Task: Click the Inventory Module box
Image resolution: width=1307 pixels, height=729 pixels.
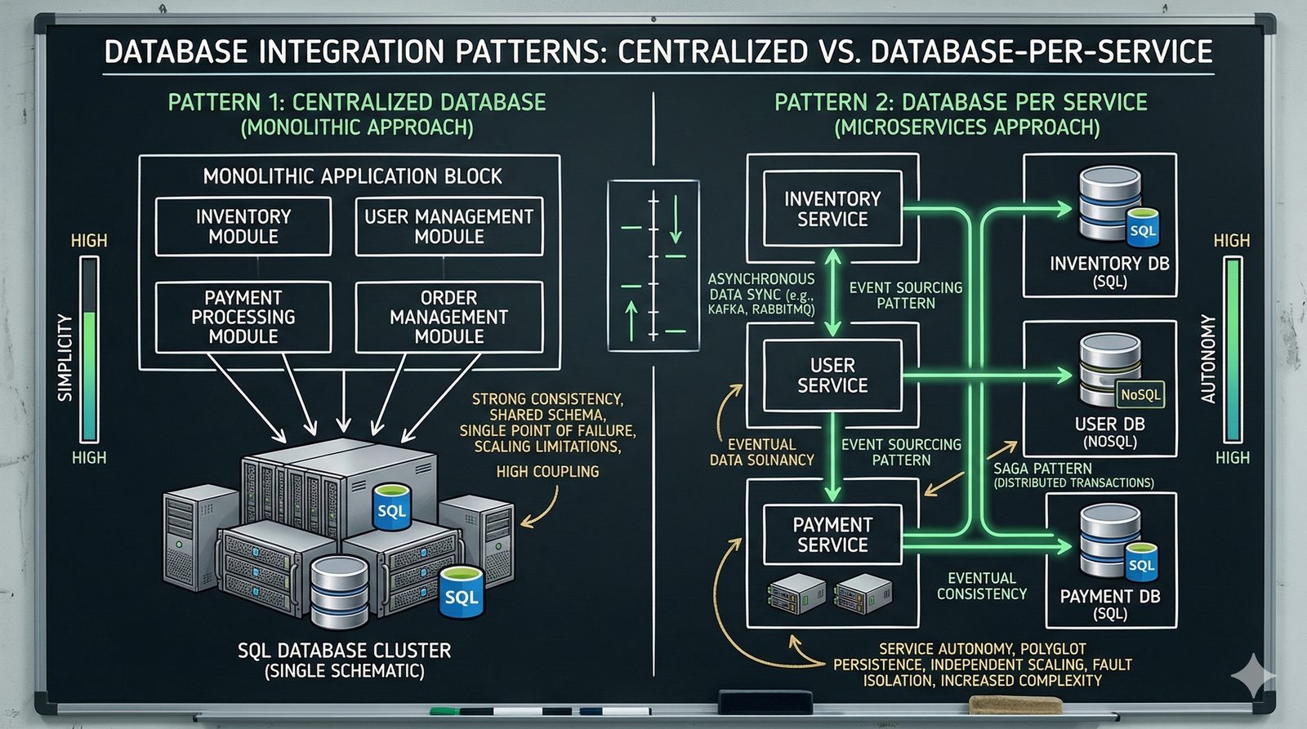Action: tap(243, 227)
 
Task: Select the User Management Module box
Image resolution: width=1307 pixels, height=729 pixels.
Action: tap(449, 227)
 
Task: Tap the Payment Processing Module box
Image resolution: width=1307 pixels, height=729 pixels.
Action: tap(243, 318)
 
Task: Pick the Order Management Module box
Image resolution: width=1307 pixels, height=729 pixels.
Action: tap(449, 318)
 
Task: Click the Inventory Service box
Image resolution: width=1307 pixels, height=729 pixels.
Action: tap(832, 209)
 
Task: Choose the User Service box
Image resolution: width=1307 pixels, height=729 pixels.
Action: tap(832, 376)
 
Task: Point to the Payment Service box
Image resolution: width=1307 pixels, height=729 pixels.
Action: tap(832, 535)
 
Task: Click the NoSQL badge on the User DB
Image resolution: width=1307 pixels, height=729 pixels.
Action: tap(1140, 395)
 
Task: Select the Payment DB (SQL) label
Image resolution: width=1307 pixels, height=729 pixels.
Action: tap(1109, 604)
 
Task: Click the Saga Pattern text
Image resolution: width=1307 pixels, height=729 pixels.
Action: tap(1042, 469)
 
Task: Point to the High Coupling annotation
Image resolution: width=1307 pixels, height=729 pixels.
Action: tap(547, 472)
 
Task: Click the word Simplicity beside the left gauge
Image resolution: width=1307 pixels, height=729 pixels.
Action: tap(65, 357)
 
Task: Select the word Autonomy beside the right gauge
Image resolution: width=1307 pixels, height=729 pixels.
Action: tap(1208, 358)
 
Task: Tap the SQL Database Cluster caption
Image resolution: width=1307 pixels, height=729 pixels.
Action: tap(344, 660)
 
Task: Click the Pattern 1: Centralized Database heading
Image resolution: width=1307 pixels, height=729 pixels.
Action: tap(357, 103)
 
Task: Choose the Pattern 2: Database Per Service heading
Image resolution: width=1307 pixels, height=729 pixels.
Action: tap(961, 103)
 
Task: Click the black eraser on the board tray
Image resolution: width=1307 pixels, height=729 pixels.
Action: tap(759, 701)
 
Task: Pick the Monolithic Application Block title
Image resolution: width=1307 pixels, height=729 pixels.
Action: tap(352, 176)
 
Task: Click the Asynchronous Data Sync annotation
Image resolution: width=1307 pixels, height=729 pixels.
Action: tap(761, 294)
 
